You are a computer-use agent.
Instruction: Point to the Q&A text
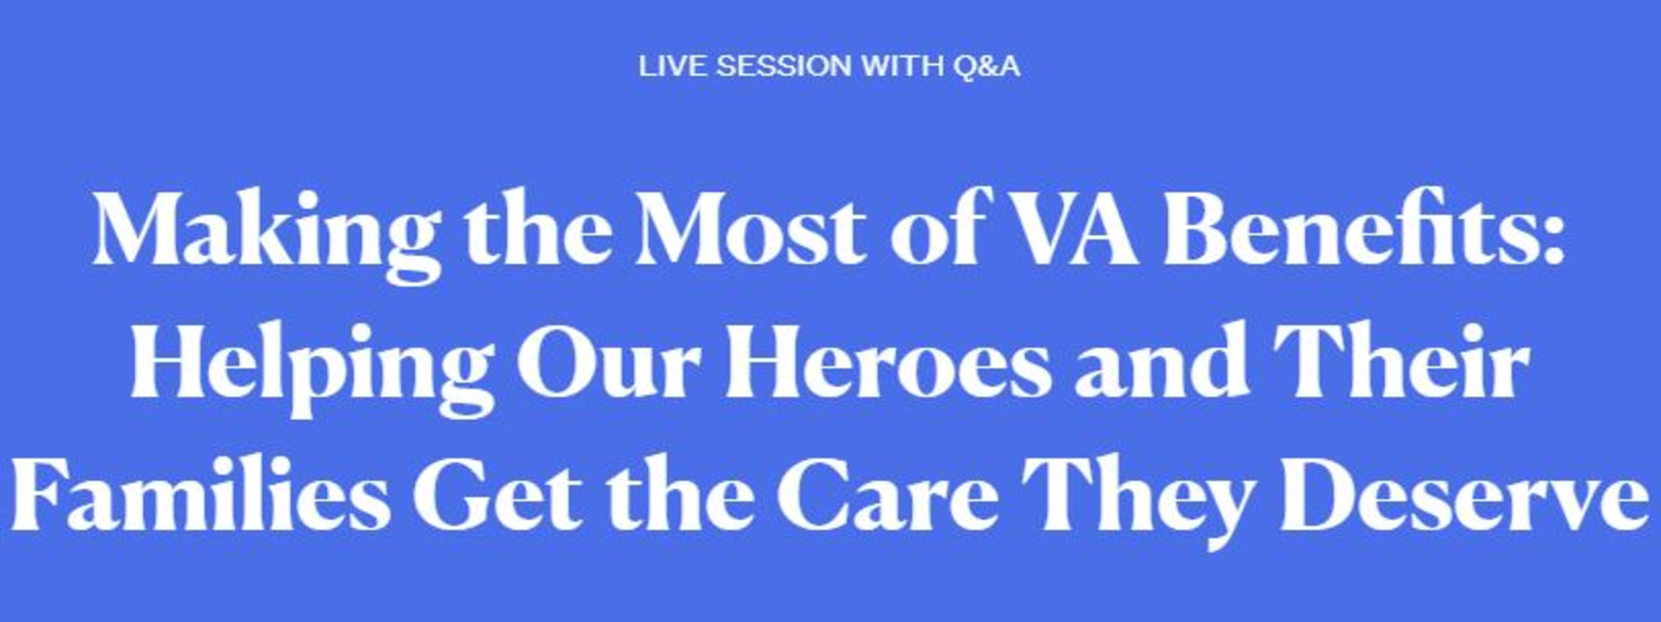[x=987, y=67]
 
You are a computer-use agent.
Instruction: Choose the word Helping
[x=313, y=368]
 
